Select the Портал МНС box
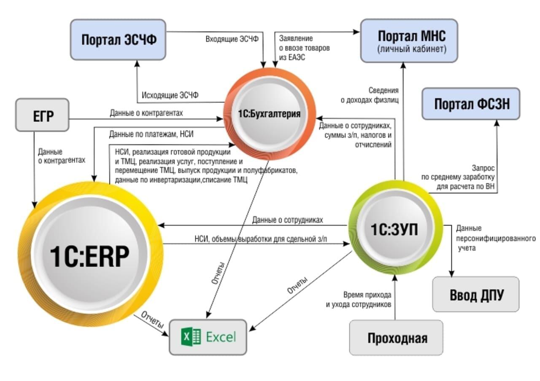coord(408,40)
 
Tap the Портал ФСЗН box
coord(471,104)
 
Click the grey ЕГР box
coord(42,115)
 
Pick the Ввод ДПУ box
coord(475,294)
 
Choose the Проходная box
coord(396,338)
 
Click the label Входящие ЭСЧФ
coord(232,39)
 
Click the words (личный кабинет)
coord(408,49)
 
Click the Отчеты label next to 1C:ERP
coord(152,319)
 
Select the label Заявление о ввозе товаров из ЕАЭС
coord(304,48)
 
